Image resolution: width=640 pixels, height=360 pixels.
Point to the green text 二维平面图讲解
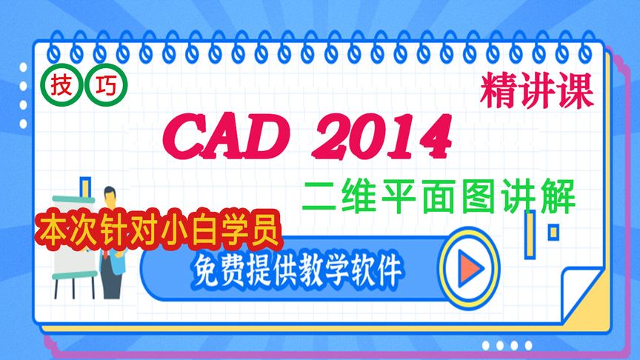tap(439, 196)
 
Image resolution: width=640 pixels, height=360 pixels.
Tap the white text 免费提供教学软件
tap(296, 266)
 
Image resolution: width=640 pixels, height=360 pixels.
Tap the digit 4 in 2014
tap(433, 136)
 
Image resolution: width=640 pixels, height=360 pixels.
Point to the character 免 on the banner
tap(207, 266)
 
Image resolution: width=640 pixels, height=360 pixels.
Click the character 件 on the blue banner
tap(387, 266)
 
